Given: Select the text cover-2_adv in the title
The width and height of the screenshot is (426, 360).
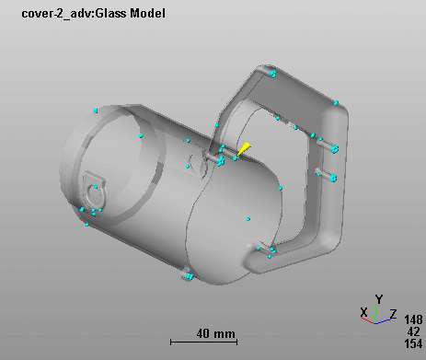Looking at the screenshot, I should click(x=46, y=13).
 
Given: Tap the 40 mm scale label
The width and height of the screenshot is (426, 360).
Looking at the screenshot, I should click(x=216, y=332).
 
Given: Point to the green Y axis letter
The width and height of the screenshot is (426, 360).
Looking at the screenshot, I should click(x=378, y=299).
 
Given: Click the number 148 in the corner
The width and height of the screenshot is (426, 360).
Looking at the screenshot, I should click(x=413, y=319).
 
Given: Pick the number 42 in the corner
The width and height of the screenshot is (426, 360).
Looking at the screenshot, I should click(x=413, y=331).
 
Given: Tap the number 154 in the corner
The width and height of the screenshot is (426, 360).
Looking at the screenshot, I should click(x=413, y=343).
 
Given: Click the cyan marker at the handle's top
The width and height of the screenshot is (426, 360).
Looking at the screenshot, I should click(x=273, y=72).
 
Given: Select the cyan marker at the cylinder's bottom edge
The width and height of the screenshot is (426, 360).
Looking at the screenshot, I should click(x=188, y=275).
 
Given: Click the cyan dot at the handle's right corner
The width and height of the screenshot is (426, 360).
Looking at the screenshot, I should click(x=337, y=102).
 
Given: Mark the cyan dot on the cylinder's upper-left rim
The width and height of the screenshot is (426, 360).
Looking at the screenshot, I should click(x=96, y=110).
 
